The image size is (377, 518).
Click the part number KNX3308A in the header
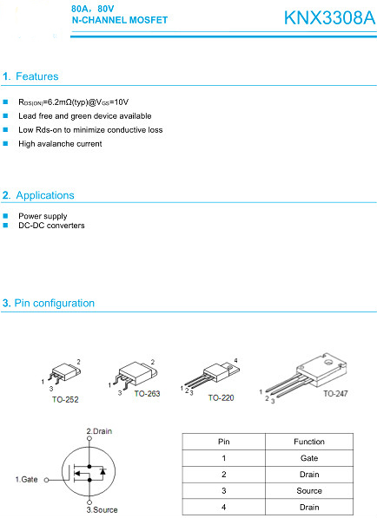click(x=329, y=18)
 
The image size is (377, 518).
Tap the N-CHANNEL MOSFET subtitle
click(x=120, y=20)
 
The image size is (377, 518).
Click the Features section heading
click(x=30, y=76)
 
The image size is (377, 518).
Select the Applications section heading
click(x=38, y=195)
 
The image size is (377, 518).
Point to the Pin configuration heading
click(x=49, y=303)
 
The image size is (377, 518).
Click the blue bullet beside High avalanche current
click(x=5, y=143)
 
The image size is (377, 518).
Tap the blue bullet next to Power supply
click(x=5, y=216)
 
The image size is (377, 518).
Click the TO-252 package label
click(x=65, y=399)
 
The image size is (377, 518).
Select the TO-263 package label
click(x=147, y=393)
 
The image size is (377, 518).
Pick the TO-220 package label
click(x=221, y=397)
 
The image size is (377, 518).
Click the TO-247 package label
click(x=335, y=393)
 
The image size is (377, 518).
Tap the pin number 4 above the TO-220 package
click(x=235, y=360)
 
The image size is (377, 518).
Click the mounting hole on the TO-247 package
click(x=328, y=363)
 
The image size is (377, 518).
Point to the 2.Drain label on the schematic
click(x=99, y=431)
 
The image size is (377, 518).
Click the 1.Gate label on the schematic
click(x=26, y=479)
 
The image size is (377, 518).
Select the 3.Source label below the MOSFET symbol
click(x=102, y=509)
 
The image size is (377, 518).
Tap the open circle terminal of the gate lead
click(x=47, y=480)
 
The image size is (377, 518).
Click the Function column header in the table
click(x=309, y=442)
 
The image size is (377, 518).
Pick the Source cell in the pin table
click(x=309, y=490)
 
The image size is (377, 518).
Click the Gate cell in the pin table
click(x=309, y=458)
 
